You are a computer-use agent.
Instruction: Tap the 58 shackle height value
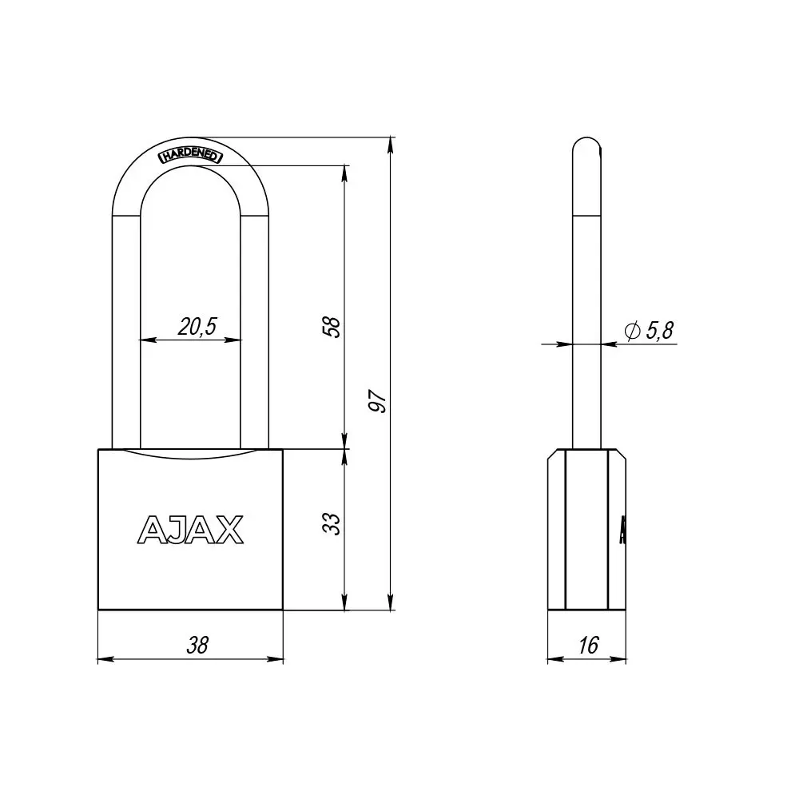[x=334, y=326]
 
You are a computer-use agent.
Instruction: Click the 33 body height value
[x=334, y=523]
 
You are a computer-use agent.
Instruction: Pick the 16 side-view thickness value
[x=587, y=645]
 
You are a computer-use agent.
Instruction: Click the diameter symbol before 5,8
[x=630, y=332]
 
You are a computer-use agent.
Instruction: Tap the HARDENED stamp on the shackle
[x=192, y=154]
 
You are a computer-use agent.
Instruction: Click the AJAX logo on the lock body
[x=191, y=528]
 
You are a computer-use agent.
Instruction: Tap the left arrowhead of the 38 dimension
[x=103, y=659]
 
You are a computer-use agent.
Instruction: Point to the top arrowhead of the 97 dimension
[x=391, y=144]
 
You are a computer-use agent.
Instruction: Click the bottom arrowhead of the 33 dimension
[x=345, y=604]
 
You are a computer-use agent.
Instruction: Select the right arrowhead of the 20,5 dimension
[x=236, y=340]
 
